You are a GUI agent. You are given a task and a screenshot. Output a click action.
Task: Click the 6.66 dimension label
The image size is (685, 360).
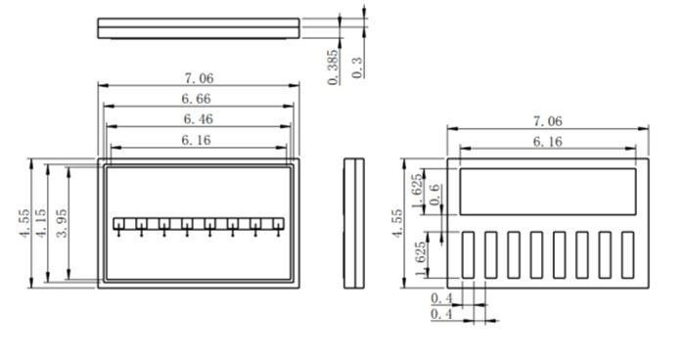196,99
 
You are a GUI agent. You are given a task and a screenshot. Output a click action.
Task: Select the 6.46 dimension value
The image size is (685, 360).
199,118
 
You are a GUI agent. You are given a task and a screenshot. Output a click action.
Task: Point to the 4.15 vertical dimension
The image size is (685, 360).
41,223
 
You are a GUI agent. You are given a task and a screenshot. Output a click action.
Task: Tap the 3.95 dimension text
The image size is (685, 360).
62,223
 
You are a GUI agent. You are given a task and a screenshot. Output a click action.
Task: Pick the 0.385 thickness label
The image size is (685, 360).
333,67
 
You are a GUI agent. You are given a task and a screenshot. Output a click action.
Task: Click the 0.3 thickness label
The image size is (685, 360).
357,67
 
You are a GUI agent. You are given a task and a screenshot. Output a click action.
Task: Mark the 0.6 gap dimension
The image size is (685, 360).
434,195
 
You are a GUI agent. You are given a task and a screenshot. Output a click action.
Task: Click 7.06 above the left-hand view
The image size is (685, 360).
200,78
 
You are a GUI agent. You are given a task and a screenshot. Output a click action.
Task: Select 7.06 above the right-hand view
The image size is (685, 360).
548,121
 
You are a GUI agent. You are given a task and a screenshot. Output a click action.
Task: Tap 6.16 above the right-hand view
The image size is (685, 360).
548,142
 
